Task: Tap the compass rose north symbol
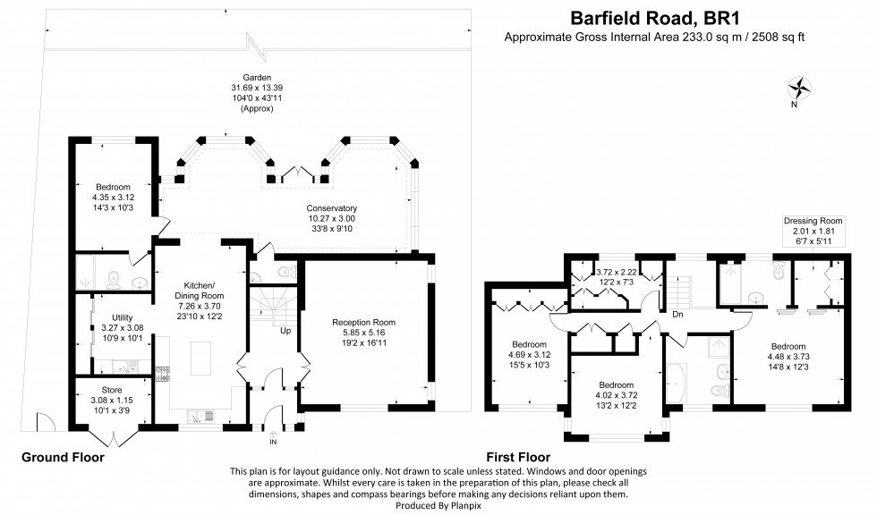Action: [x=798, y=88]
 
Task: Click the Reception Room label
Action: [x=362, y=322]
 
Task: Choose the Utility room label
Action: [x=123, y=317]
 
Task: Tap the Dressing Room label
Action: [x=813, y=221]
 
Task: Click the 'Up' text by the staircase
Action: [x=285, y=330]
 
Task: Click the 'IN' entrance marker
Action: [x=273, y=442]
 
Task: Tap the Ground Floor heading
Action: [x=63, y=457]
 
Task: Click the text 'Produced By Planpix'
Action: [x=438, y=504]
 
